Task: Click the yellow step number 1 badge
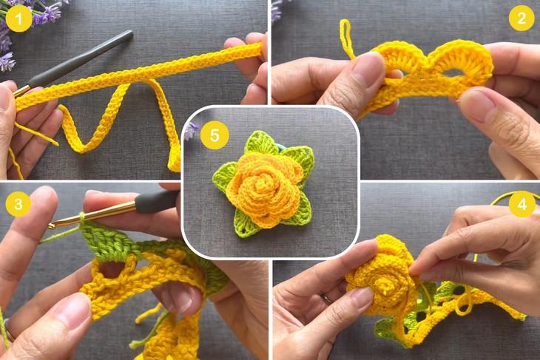[18, 17]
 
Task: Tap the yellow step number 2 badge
[522, 17]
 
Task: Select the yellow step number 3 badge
[18, 203]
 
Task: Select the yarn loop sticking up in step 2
[345, 37]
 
